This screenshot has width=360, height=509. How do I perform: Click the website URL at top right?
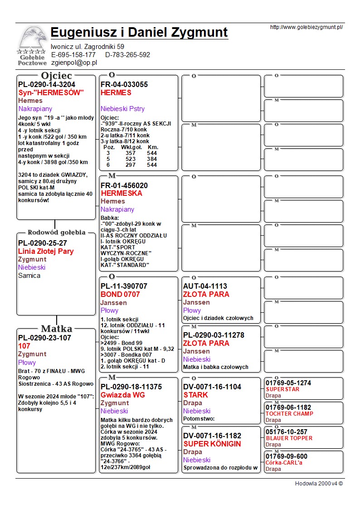(x=306, y=27)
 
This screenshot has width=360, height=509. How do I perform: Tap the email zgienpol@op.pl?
(x=74, y=63)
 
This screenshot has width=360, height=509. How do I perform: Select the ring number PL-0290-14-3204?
(x=47, y=85)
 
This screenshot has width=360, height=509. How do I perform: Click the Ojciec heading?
(x=56, y=75)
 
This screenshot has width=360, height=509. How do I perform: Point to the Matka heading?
(x=56, y=329)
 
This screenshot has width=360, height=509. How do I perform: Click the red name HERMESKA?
(x=122, y=193)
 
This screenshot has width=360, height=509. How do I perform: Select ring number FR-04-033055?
(x=124, y=85)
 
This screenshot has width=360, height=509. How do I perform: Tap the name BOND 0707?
(x=120, y=295)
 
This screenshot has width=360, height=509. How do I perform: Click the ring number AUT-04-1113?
(x=205, y=286)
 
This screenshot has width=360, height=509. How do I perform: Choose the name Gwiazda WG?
(x=123, y=395)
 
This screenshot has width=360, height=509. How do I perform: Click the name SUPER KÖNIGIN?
(x=212, y=444)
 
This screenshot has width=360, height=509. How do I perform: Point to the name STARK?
(x=196, y=395)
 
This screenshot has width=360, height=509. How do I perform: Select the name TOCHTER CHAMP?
(x=289, y=413)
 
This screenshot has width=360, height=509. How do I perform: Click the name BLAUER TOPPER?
(x=289, y=438)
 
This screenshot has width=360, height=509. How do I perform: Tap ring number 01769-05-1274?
(x=288, y=383)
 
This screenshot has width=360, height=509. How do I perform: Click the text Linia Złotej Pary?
(x=46, y=252)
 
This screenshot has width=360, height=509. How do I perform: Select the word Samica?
(x=29, y=276)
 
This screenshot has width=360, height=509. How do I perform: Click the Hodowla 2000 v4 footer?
(x=319, y=483)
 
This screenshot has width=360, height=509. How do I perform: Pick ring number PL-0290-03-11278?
(x=214, y=335)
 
